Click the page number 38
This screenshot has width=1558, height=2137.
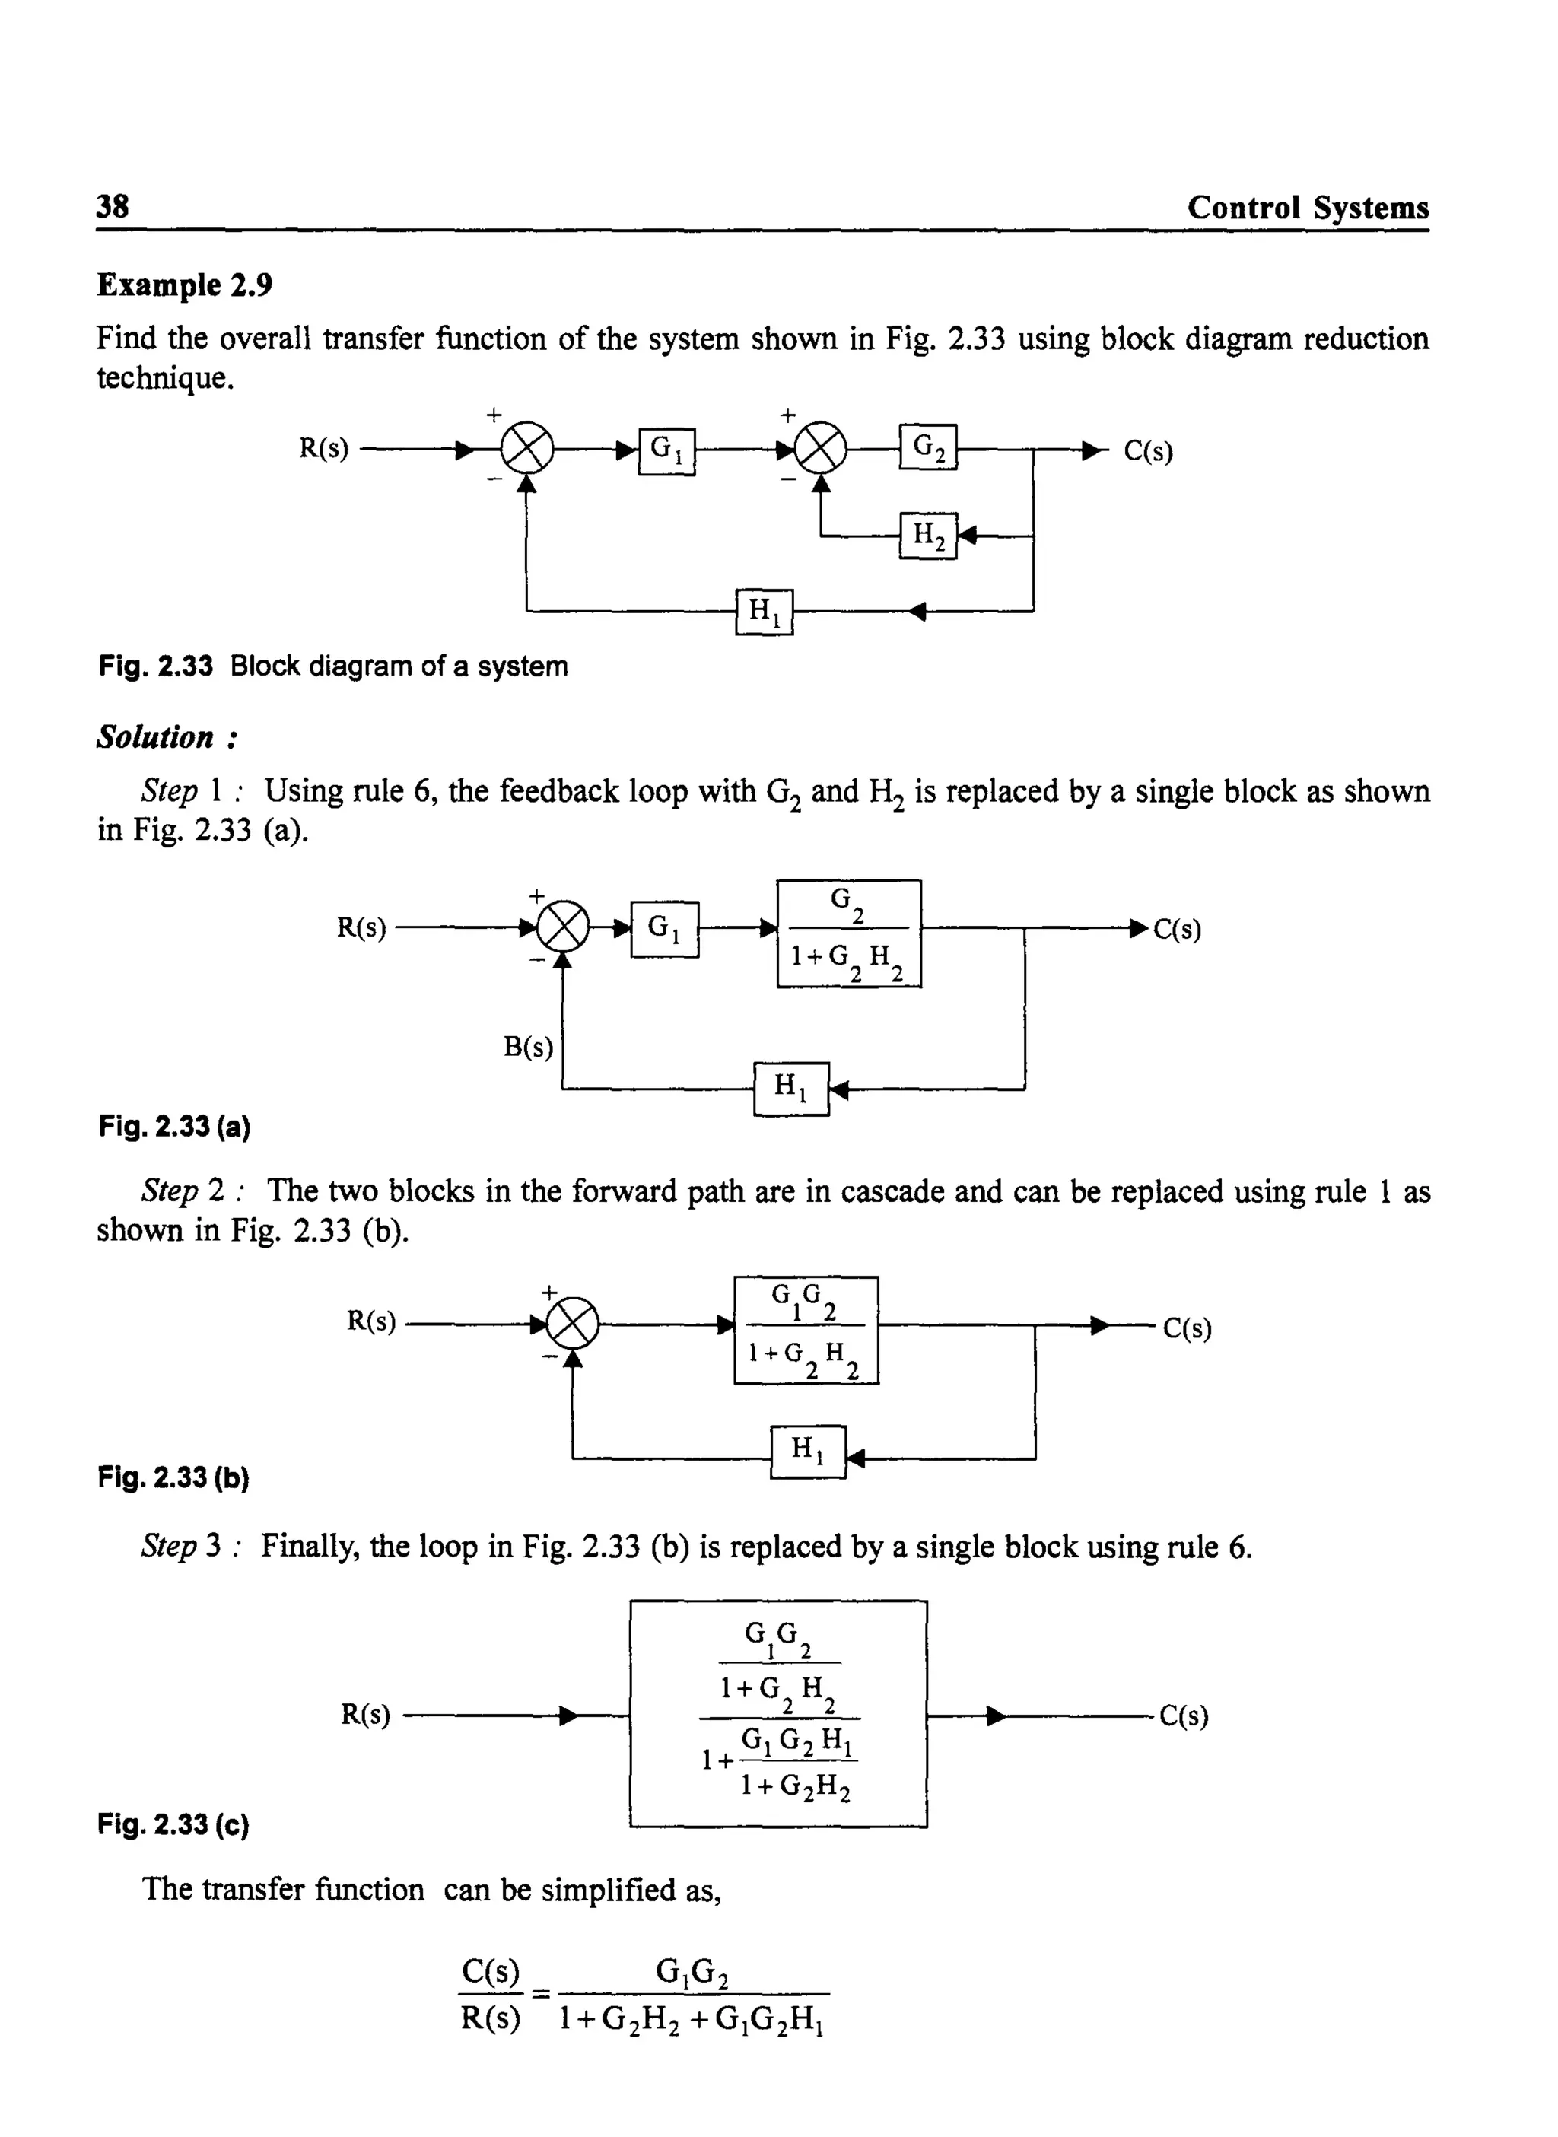(x=113, y=206)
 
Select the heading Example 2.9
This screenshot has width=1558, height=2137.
(x=185, y=285)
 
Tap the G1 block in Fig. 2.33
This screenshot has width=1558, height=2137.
(x=666, y=452)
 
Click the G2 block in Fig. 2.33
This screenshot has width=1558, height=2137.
(x=928, y=447)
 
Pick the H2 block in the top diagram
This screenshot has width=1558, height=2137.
(x=928, y=536)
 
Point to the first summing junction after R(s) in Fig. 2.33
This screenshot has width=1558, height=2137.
(x=526, y=451)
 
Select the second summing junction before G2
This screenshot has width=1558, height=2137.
(x=821, y=451)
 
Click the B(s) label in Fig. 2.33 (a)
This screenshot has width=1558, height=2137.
(x=528, y=1047)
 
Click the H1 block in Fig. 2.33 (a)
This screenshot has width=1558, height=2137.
(x=791, y=1089)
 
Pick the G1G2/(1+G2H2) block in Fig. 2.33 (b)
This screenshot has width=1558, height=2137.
(x=806, y=1331)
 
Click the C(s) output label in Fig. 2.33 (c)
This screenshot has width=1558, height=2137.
(x=1184, y=1716)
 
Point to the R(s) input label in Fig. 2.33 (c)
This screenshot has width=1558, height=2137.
(x=366, y=1715)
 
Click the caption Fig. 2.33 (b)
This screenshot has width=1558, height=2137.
(x=173, y=1477)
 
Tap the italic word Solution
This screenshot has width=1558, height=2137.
(x=156, y=737)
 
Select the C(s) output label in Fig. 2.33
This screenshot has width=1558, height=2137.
(x=1148, y=452)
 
